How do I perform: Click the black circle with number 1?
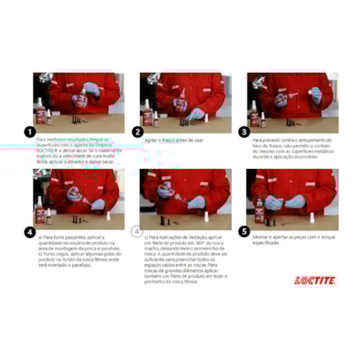tap(30, 132)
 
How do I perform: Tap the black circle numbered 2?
tap(137, 132)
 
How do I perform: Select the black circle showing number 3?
tap(243, 132)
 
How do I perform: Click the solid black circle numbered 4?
tap(30, 232)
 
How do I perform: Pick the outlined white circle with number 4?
tap(137, 232)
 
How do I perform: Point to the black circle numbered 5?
tap(243, 232)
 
